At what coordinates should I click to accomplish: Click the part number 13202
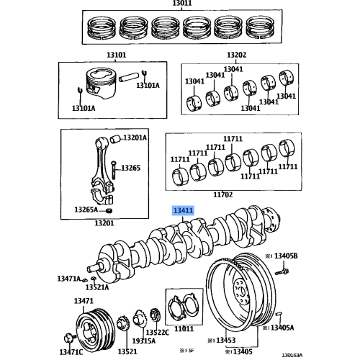point(236,55)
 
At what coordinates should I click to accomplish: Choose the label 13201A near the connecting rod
point(134,137)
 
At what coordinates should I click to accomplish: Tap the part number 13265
point(130,168)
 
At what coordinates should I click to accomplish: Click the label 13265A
point(86,210)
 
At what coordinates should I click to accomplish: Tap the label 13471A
point(70,278)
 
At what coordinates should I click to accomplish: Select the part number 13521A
point(96,287)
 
